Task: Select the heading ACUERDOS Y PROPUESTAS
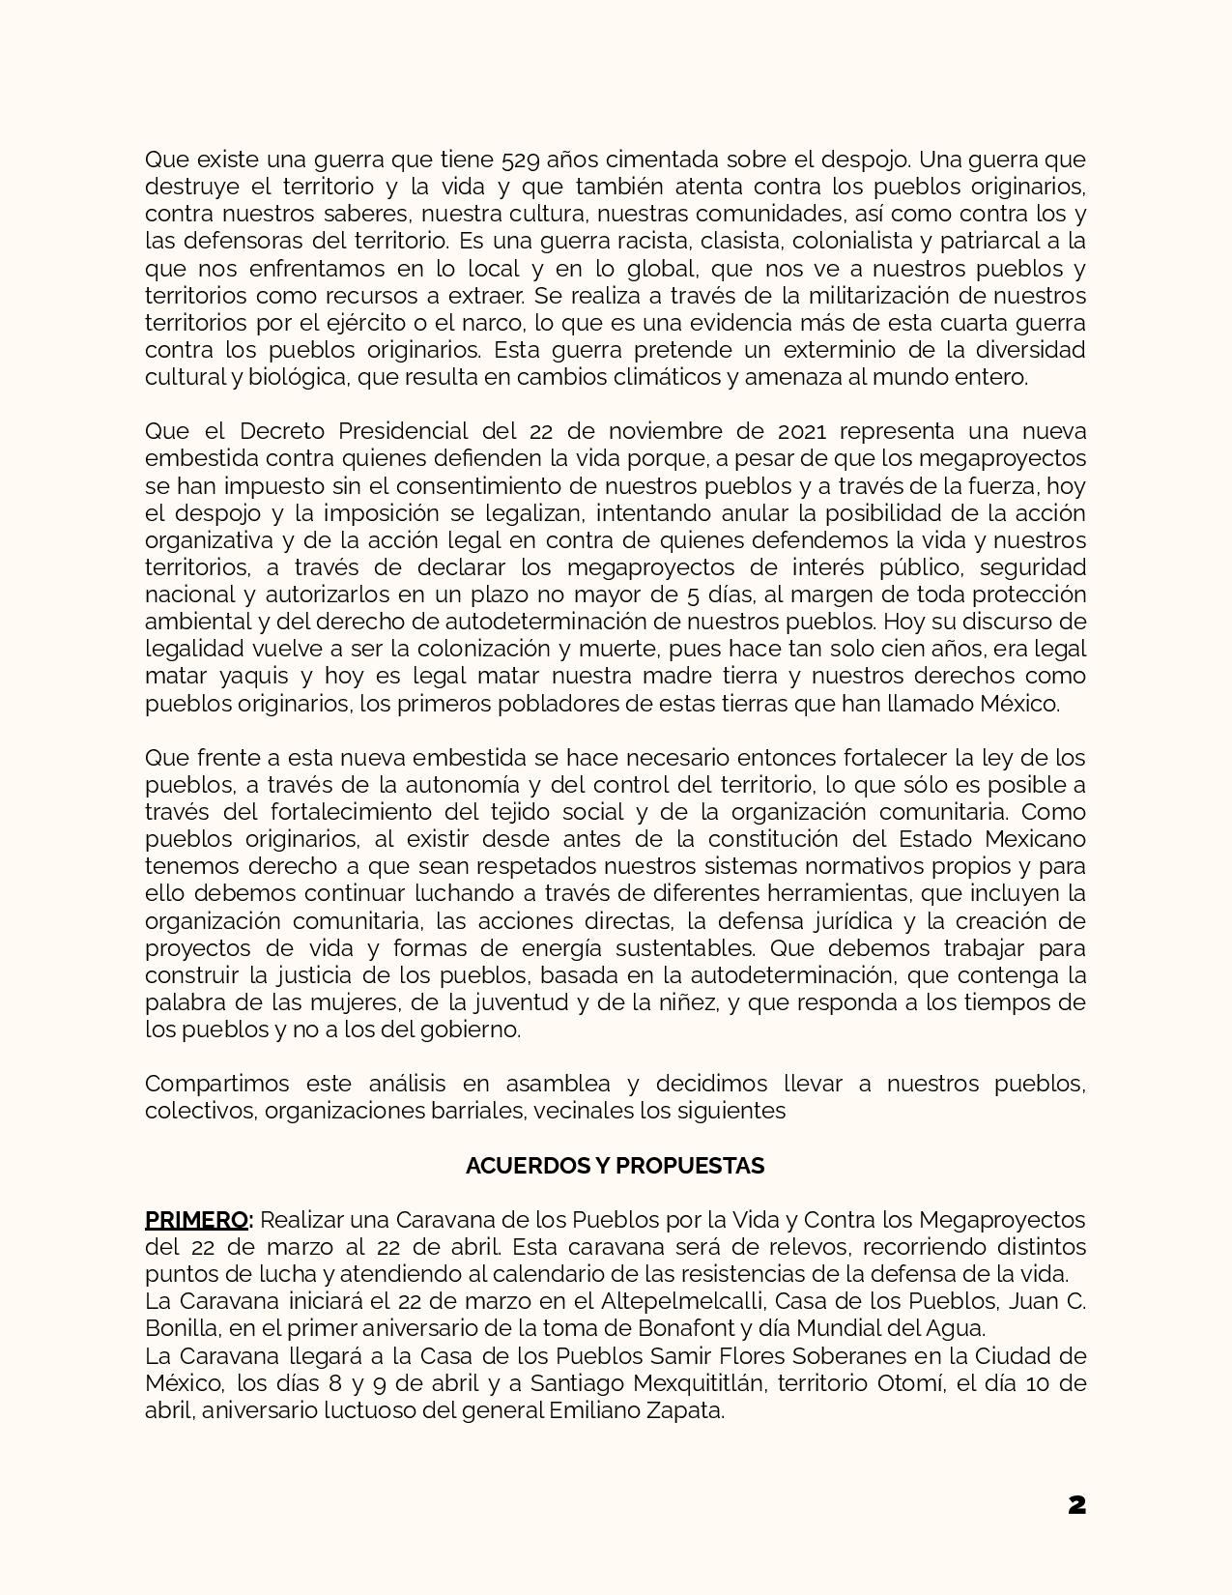[615, 1166]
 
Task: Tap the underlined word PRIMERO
[196, 1220]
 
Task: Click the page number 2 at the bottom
[1076, 1505]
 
